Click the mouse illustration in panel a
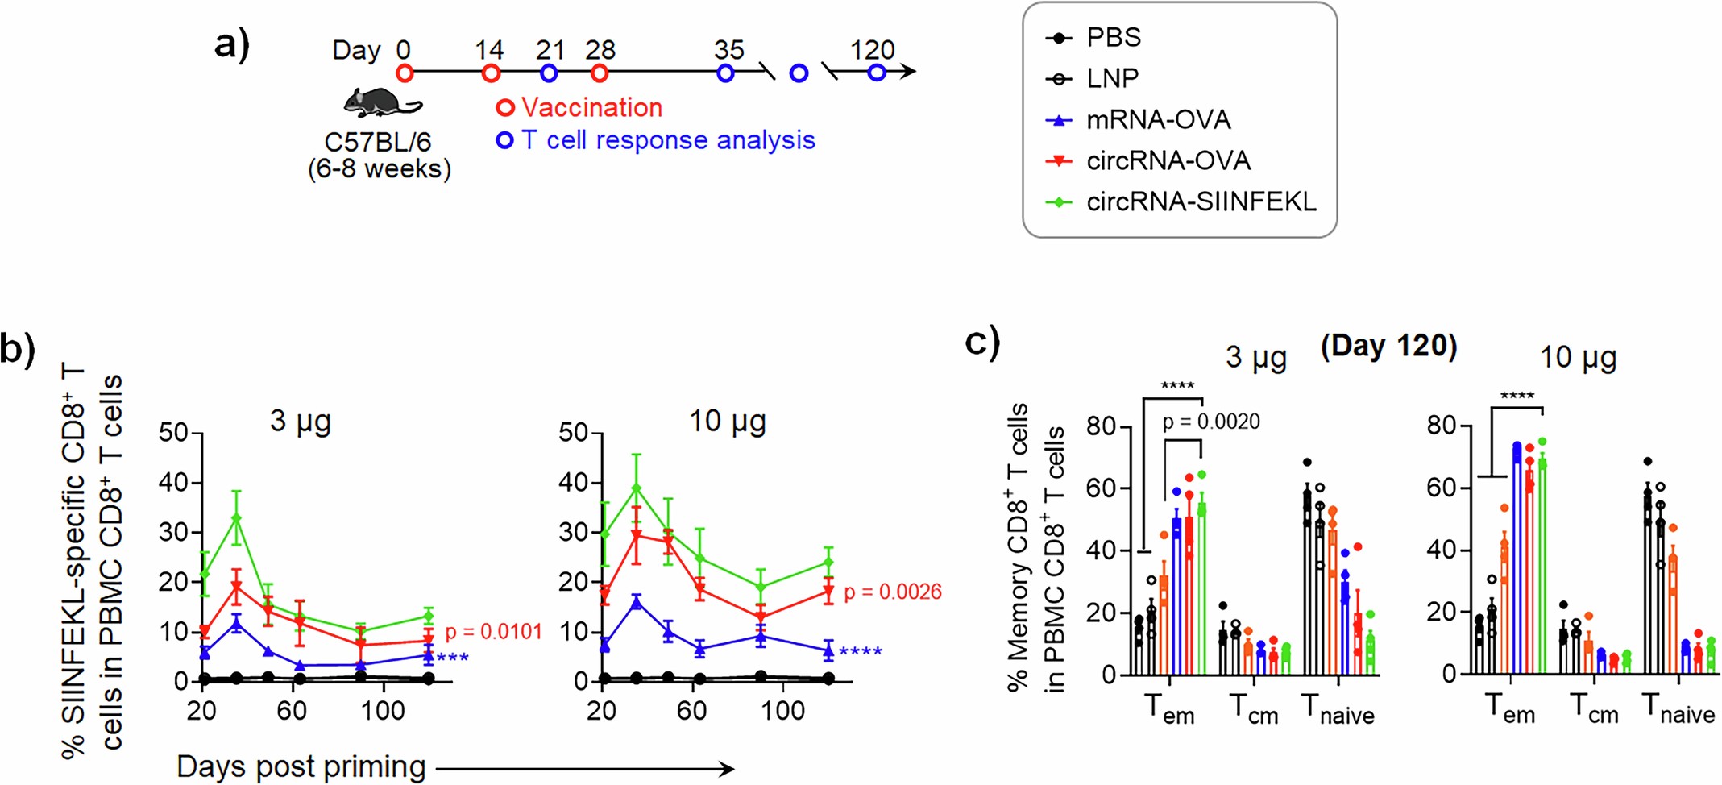pyautogui.click(x=380, y=102)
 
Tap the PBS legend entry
pyautogui.click(x=1113, y=37)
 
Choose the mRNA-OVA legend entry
pyautogui.click(x=1157, y=120)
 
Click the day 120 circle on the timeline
pyautogui.click(x=877, y=73)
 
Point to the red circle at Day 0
pyautogui.click(x=405, y=73)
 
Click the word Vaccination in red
pyautogui.click(x=591, y=107)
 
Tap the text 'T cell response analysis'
pyautogui.click(x=668, y=140)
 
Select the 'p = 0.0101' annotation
pyautogui.click(x=493, y=631)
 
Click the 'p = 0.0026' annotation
pyautogui.click(x=892, y=592)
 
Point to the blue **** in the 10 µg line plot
pyautogui.click(x=860, y=651)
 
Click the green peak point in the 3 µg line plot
pyautogui.click(x=236, y=518)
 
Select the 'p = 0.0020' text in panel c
pyautogui.click(x=1210, y=422)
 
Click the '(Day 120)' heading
pyautogui.click(x=1388, y=346)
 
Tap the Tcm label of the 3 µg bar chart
pyautogui.click(x=1253, y=711)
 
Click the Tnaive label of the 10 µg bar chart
pyautogui.click(x=1678, y=711)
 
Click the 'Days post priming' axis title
pyautogui.click(x=301, y=766)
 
